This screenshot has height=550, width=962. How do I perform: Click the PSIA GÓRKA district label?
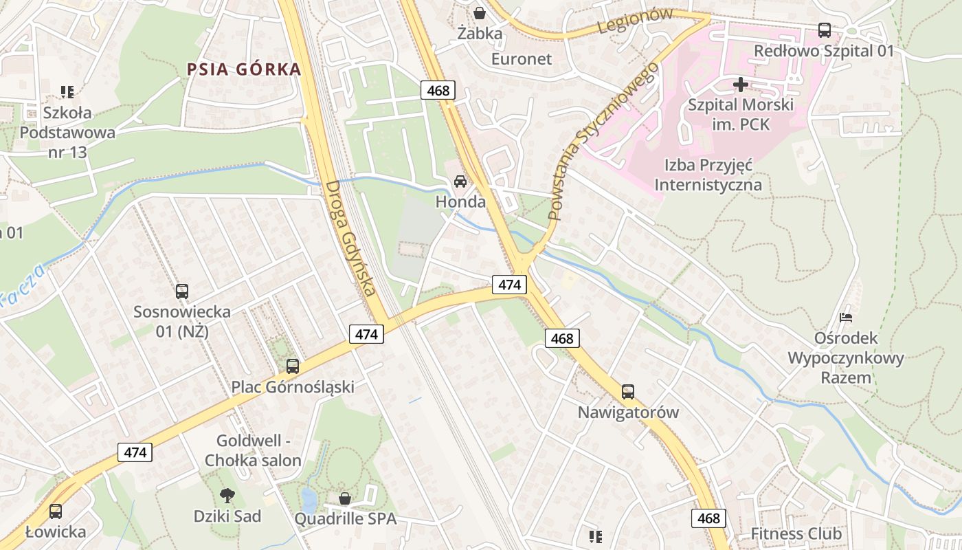point(244,69)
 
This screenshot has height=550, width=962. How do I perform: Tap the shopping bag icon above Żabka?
point(480,13)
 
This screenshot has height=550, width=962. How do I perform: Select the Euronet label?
point(521,59)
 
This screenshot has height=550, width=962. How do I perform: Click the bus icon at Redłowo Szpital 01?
point(825,30)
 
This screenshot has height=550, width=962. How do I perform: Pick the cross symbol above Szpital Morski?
point(740,85)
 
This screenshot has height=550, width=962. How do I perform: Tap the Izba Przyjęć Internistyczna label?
point(708,175)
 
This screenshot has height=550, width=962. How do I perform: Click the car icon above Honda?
point(460,181)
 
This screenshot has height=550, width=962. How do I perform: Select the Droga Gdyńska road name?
point(351,239)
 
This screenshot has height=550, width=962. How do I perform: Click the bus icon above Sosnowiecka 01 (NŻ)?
point(182,291)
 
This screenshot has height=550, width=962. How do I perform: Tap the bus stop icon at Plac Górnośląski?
point(293,366)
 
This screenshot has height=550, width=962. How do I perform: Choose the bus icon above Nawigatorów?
point(628,392)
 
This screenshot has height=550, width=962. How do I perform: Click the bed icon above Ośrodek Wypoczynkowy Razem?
point(847,318)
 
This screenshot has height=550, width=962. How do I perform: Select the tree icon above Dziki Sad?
point(227,495)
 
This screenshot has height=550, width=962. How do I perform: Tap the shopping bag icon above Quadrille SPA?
point(345,498)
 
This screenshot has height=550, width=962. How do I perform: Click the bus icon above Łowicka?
point(56,511)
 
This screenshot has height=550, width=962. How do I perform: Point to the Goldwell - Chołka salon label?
point(253,450)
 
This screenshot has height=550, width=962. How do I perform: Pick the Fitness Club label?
point(796,533)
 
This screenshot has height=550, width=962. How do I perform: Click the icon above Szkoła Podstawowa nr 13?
point(67,91)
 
